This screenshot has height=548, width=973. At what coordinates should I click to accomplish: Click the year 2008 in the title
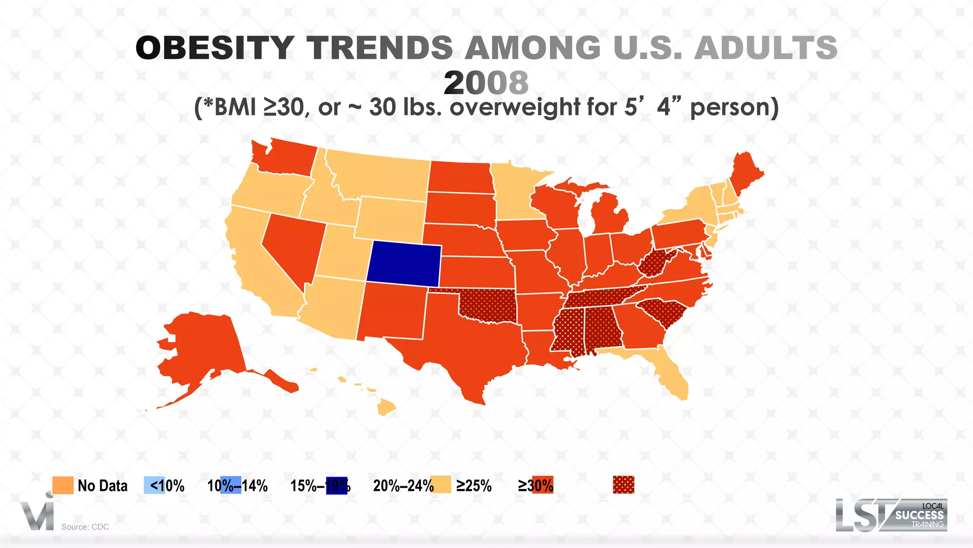click(486, 83)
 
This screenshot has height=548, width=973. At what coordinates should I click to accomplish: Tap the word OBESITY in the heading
click(215, 48)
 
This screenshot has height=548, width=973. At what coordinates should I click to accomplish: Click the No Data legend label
click(102, 486)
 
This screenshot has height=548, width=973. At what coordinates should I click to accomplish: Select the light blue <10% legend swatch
click(154, 485)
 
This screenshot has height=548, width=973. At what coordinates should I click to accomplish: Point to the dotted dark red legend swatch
click(623, 485)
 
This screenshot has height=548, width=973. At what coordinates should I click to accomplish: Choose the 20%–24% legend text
click(403, 486)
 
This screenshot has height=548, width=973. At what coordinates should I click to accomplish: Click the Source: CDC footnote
click(85, 527)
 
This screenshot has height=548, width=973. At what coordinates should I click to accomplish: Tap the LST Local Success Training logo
click(891, 515)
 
